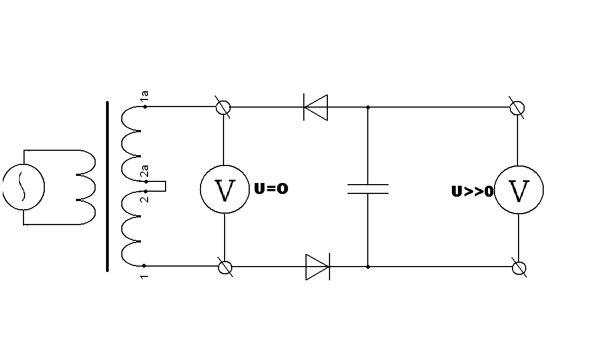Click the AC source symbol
click(x=23, y=187)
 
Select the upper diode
click(x=316, y=107)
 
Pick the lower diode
click(x=317, y=267)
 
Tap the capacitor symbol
click(x=368, y=189)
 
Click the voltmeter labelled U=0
click(x=225, y=190)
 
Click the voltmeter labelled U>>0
click(x=519, y=190)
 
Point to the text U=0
click(x=271, y=189)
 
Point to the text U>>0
click(x=472, y=192)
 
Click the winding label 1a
click(x=145, y=97)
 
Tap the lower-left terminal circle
click(x=225, y=267)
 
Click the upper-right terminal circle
click(x=517, y=108)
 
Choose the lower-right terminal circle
click(x=519, y=268)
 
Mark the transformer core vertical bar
click(x=108, y=186)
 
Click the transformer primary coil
click(x=86, y=187)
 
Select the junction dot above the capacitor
click(x=368, y=107)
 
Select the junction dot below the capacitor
click(x=368, y=267)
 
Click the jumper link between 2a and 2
click(x=162, y=186)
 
